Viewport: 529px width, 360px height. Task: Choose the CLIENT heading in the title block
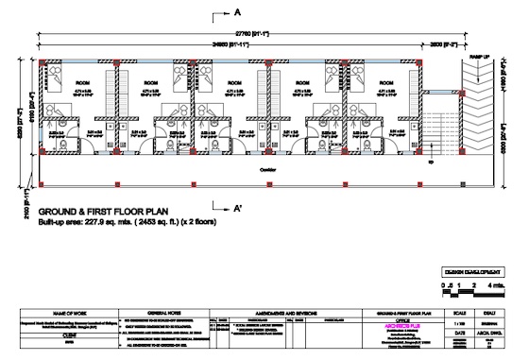(71, 334)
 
